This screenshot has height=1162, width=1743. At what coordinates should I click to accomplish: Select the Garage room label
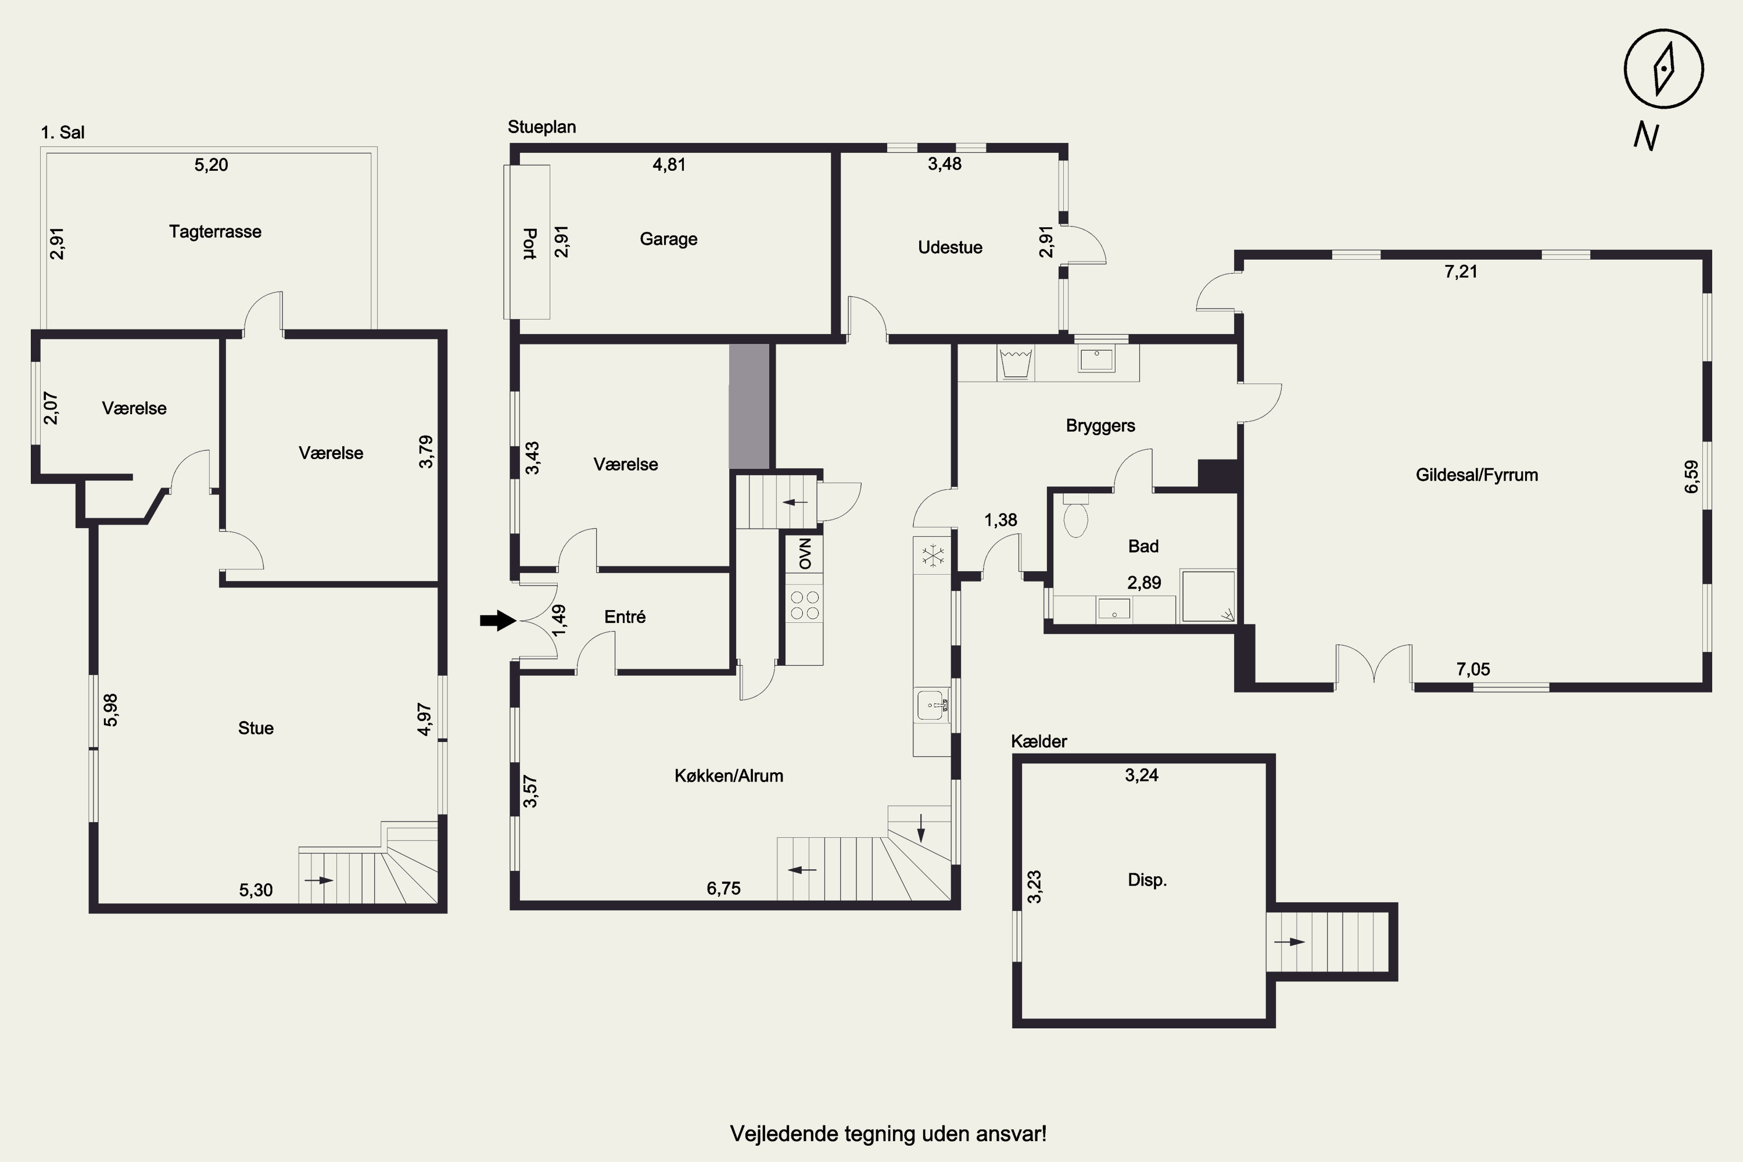[669, 239]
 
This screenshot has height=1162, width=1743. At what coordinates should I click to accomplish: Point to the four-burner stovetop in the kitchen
[805, 605]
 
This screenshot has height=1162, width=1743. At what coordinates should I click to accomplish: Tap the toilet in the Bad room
[1075, 516]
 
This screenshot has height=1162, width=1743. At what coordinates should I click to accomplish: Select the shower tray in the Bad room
[1208, 596]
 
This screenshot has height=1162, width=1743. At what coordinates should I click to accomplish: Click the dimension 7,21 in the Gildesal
[1461, 272]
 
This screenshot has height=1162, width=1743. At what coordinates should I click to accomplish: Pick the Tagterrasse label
[215, 232]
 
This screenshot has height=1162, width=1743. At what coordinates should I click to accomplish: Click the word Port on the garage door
[529, 244]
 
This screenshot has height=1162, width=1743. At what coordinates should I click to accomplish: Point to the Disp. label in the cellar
[1147, 880]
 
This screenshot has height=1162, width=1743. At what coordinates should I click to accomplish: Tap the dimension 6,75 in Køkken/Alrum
[723, 888]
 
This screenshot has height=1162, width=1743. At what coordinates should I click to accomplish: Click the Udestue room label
[950, 248]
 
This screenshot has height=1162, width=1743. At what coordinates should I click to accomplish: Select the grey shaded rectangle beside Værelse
[749, 406]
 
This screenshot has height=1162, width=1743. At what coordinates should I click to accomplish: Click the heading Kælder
[1039, 741]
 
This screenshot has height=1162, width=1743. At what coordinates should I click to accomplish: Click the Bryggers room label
[1100, 426]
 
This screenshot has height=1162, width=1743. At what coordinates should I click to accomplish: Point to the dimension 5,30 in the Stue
[256, 890]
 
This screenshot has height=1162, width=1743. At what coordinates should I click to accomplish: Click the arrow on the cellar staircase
[1289, 942]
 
